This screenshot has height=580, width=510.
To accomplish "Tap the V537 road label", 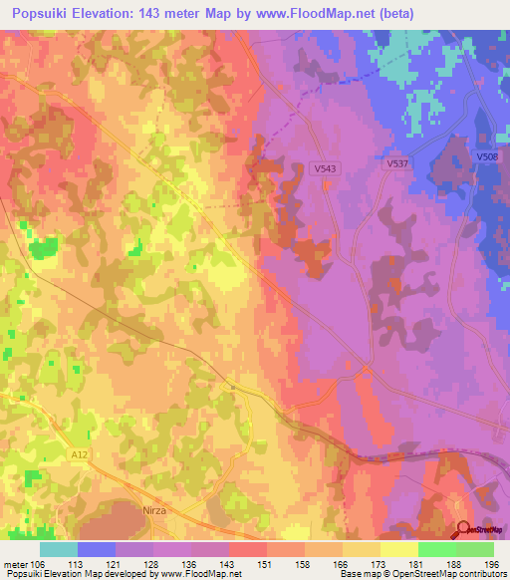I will (398, 163).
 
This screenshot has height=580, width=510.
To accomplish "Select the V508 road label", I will (487, 157).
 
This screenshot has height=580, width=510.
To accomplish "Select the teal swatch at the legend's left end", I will (59, 549).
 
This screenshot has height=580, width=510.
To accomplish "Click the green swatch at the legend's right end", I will (475, 549).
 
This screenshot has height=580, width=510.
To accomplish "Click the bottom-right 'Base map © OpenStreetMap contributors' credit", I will (422, 574).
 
